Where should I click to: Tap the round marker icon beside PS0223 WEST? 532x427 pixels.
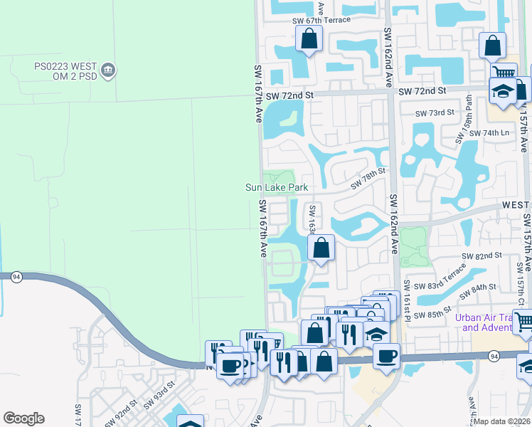[x=109, y=70]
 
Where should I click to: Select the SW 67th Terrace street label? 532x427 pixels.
[x=321, y=20]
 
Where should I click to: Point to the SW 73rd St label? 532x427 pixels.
[x=435, y=113]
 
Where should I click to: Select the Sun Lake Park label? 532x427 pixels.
[x=277, y=187]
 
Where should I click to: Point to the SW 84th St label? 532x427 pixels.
[x=477, y=290]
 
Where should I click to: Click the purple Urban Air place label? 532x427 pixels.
[x=486, y=322]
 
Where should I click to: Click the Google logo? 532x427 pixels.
[x=23, y=418]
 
